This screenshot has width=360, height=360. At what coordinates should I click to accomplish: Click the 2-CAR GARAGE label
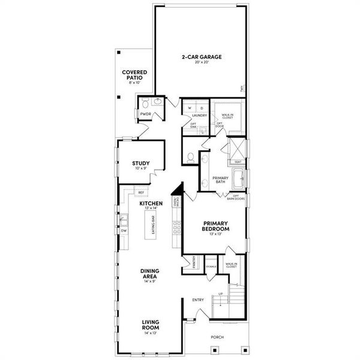pyautogui.click(x=202, y=57)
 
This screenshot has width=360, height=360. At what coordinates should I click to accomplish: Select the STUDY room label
pyautogui.click(x=140, y=163)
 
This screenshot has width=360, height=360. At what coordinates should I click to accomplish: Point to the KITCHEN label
pyautogui.click(x=151, y=204)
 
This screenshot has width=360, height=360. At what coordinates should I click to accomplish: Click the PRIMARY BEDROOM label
pyautogui.click(x=216, y=226)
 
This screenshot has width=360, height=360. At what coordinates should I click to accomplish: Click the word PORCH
pyautogui.click(x=217, y=337)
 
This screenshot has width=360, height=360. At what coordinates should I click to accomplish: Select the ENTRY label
pyautogui.click(x=198, y=299)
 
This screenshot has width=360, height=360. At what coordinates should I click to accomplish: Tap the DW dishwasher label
pyautogui.click(x=124, y=230)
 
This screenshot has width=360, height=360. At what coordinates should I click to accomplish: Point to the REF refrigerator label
pyautogui.click(x=141, y=193)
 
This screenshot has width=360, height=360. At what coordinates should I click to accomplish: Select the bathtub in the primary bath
pyautogui.click(x=241, y=178)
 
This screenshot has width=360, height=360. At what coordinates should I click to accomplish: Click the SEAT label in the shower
pyautogui.click(x=238, y=161)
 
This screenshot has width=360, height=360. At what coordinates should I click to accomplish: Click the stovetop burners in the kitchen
pyautogui.click(x=177, y=227)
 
